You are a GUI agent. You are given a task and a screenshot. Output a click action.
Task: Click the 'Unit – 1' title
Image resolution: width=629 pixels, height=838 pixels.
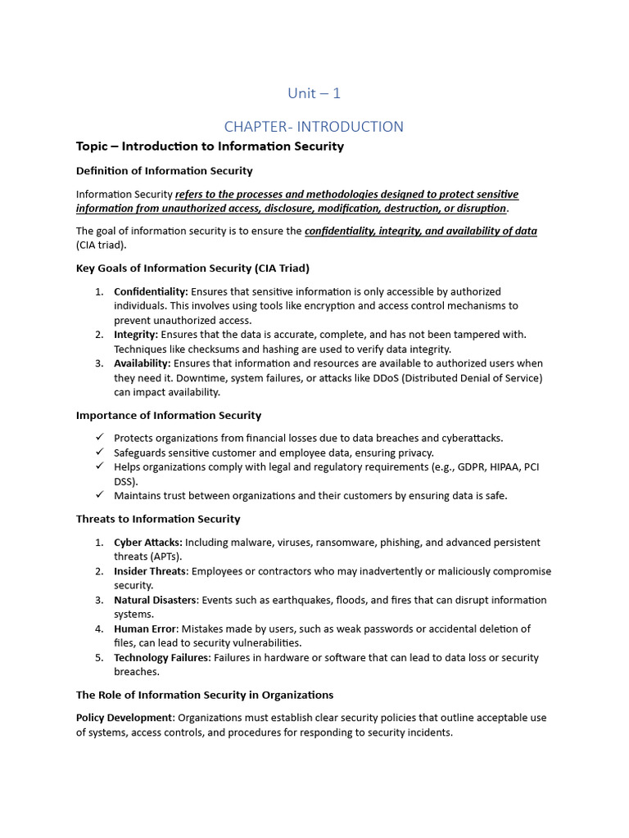click(314, 93)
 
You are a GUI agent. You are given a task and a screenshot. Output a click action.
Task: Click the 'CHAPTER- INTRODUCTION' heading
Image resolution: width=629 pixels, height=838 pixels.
click(314, 127)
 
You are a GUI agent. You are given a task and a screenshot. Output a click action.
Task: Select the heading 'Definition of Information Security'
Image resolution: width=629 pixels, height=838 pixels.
click(164, 171)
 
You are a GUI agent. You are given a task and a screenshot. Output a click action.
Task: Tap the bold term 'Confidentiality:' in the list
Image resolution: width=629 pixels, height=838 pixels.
click(151, 291)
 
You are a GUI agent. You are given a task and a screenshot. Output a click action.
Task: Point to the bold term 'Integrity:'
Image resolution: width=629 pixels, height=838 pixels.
click(136, 335)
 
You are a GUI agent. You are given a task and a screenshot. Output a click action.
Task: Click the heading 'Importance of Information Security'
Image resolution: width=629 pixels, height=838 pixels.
click(169, 415)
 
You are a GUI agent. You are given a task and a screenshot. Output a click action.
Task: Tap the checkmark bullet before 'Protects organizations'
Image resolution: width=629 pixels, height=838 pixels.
click(99, 438)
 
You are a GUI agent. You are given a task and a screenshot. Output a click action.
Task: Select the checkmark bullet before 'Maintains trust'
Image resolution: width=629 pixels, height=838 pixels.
click(99, 495)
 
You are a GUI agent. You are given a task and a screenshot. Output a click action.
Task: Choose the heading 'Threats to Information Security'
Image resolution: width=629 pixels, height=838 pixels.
click(158, 519)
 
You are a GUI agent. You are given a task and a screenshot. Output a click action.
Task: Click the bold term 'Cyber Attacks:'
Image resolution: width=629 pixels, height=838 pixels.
click(148, 543)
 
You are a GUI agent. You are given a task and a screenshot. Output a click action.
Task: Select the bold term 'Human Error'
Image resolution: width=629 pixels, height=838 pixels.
click(145, 628)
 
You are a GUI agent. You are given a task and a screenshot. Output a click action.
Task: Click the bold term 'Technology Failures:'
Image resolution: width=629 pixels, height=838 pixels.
click(162, 658)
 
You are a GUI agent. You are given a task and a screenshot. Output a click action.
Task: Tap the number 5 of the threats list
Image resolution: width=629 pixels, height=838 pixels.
click(98, 658)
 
